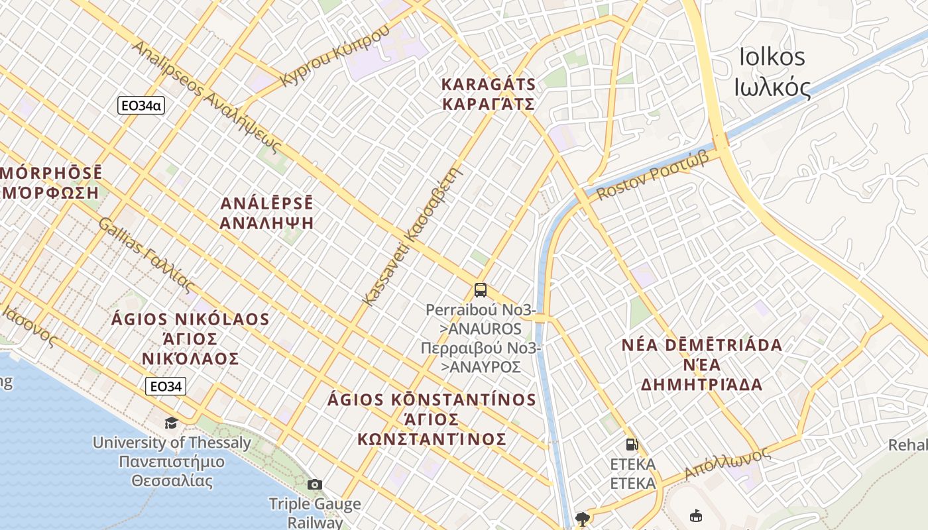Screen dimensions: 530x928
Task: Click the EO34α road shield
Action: (x=141, y=105)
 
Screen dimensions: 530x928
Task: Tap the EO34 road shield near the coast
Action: (x=166, y=386)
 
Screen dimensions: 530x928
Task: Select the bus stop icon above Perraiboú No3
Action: (x=481, y=290)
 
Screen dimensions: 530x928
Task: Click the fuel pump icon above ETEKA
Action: (x=632, y=445)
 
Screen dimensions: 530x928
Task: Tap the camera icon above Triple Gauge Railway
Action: (x=315, y=484)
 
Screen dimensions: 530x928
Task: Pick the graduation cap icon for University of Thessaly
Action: (x=172, y=423)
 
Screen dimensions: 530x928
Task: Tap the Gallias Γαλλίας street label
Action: (x=146, y=254)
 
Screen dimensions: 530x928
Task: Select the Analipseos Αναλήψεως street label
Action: (x=205, y=96)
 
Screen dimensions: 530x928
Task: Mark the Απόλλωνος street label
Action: (x=727, y=463)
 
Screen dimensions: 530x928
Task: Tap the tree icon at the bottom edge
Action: (x=583, y=518)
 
